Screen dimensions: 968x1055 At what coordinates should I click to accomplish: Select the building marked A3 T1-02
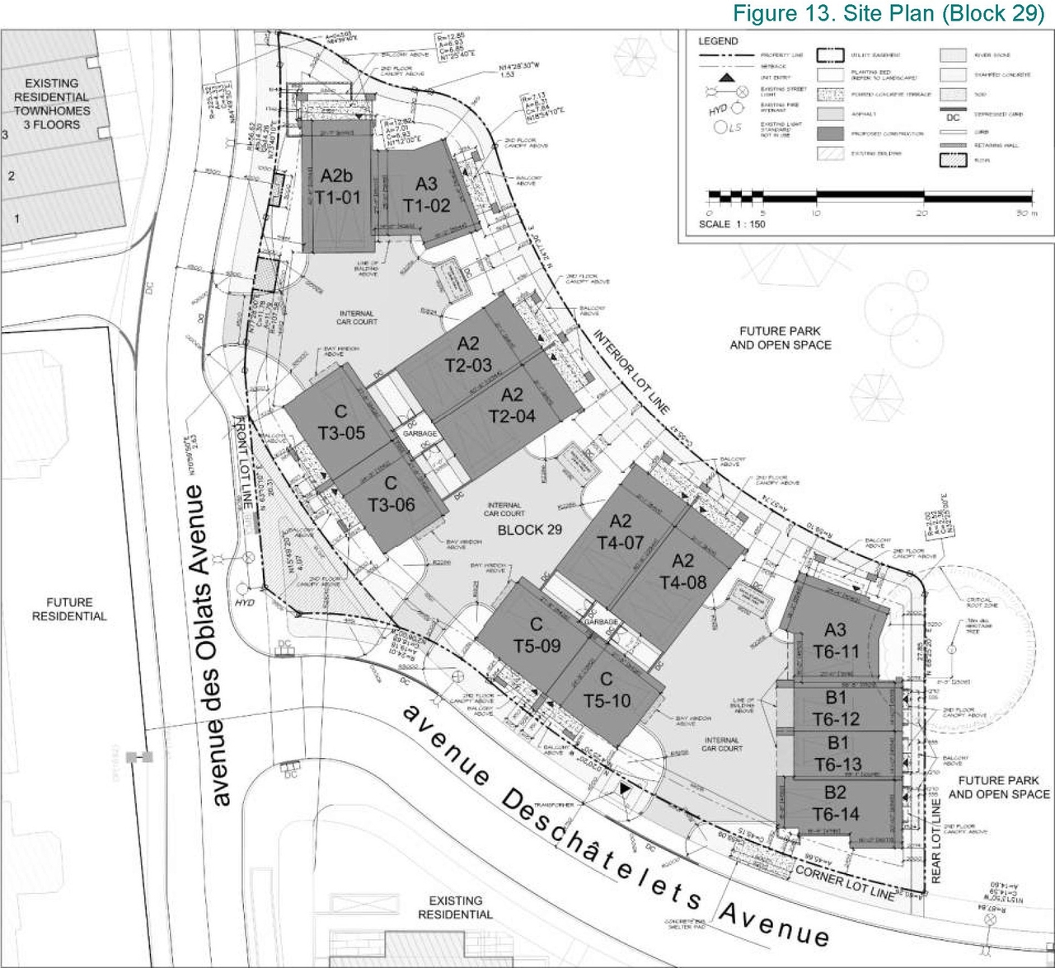pyautogui.click(x=426, y=195)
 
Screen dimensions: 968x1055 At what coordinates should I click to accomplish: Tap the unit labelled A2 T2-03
pyautogui.click(x=468, y=354)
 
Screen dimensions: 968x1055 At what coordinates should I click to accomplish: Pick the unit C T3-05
pyautogui.click(x=341, y=422)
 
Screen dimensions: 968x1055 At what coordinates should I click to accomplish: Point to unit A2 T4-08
pyautogui.click(x=682, y=572)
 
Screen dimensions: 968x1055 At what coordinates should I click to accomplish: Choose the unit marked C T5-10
pyautogui.click(x=607, y=690)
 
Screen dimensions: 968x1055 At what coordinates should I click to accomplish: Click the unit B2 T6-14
pyautogui.click(x=836, y=803)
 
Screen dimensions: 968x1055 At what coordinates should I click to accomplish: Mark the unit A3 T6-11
pyautogui.click(x=836, y=641)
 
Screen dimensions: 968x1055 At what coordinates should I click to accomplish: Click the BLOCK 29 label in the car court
pyautogui.click(x=530, y=530)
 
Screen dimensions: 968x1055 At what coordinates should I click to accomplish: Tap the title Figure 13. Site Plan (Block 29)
pyautogui.click(x=889, y=14)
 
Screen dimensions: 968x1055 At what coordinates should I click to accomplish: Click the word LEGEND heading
pyautogui.click(x=718, y=41)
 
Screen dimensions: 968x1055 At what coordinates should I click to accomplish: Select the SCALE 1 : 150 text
pyautogui.click(x=732, y=224)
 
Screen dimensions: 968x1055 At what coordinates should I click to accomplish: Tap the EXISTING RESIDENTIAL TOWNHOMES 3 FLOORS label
pyautogui.click(x=52, y=104)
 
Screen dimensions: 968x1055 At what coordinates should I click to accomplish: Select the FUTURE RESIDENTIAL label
pyautogui.click(x=69, y=610)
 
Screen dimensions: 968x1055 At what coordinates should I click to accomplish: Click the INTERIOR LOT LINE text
pyautogui.click(x=631, y=372)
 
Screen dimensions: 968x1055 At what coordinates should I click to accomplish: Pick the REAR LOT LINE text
pyautogui.click(x=935, y=840)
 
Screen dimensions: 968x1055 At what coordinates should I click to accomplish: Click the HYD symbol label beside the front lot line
pyautogui.click(x=245, y=602)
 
